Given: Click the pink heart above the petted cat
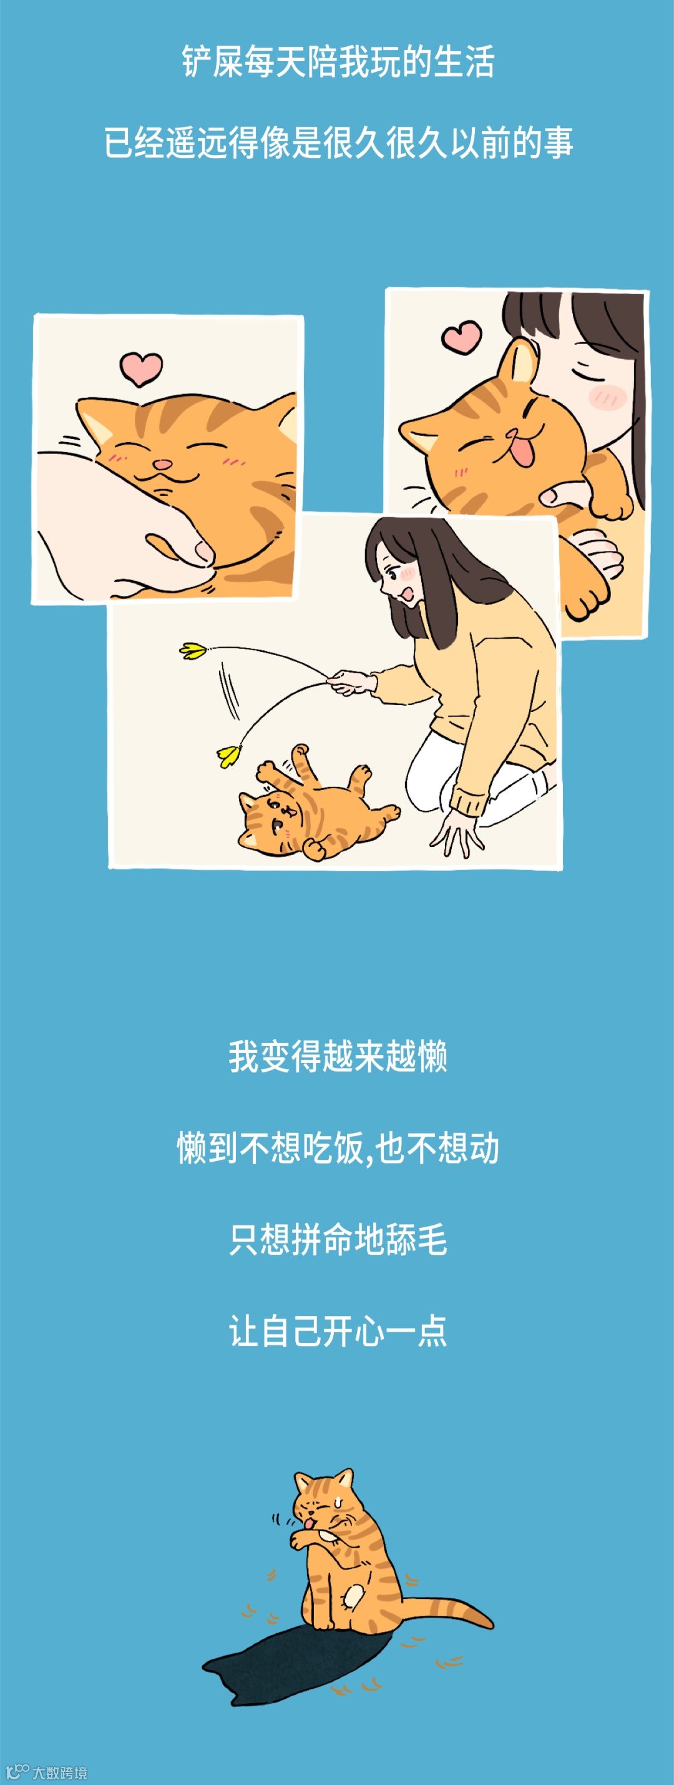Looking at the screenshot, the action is (140, 368).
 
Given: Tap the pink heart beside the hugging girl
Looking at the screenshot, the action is (462, 337).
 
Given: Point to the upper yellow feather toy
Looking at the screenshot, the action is (193, 651).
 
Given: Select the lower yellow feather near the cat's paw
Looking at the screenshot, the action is (228, 754).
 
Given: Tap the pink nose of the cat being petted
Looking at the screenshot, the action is (161, 463).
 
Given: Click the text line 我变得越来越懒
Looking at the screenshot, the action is (338, 1057).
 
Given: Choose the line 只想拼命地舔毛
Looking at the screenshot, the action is (338, 1240).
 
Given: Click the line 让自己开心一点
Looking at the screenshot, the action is (338, 1332).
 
